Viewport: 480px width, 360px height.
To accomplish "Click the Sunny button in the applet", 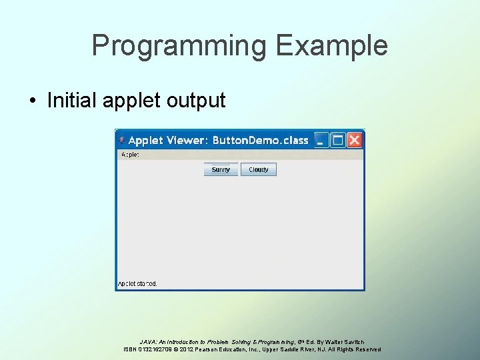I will pos(221,169).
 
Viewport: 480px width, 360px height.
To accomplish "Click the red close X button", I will pos(355,140).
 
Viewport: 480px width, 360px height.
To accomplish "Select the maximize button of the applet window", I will pos(338,140).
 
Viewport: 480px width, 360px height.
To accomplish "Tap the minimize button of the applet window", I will pos(322,140).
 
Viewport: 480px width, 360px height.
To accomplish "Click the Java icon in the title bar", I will pos(121,140).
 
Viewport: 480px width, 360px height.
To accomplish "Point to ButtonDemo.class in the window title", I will pos(260,140).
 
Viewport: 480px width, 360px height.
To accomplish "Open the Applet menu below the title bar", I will pos(129,155).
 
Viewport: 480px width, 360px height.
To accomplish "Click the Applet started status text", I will pos(137,283).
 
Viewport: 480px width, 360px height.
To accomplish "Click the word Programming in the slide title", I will pos(178,46).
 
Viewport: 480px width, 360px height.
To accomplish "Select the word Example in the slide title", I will pos(331,46).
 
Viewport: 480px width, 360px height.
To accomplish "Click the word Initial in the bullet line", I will pos(71,101).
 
